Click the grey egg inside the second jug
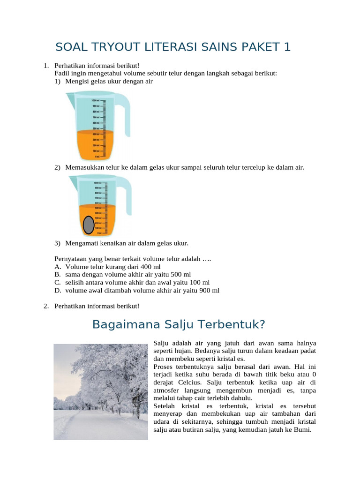coord(88,225)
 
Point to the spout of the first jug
coord(69,97)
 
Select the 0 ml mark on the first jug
coord(96,157)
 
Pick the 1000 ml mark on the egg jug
coord(98,183)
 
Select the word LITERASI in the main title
coord(160,47)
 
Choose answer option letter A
coord(57,266)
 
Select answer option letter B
coord(57,274)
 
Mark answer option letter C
coord(57,282)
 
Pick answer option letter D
coord(57,290)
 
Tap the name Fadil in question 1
coord(62,73)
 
